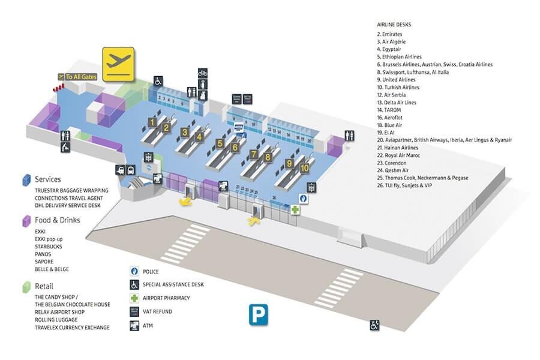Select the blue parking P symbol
click(x=257, y=314)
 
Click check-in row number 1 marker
click(x=152, y=122)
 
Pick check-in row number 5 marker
click(x=221, y=143)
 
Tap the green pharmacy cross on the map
click(x=295, y=210)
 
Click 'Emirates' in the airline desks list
click(x=392, y=34)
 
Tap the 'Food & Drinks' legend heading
click(x=57, y=220)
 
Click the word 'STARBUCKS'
click(x=49, y=247)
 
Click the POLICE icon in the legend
click(x=134, y=271)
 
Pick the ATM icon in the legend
click(x=134, y=326)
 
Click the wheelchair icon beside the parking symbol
click(x=374, y=325)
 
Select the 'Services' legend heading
click(x=47, y=179)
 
